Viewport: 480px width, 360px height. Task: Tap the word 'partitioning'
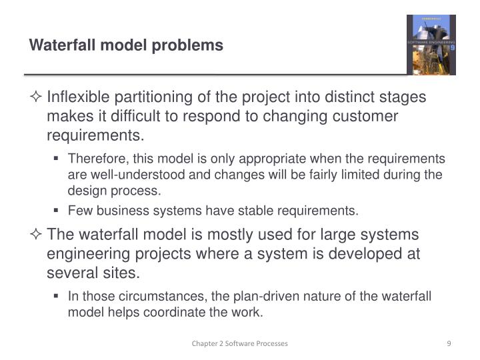coord(151,97)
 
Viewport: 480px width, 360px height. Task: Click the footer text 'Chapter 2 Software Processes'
coord(239,343)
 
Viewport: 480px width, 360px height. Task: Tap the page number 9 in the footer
coord(449,343)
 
